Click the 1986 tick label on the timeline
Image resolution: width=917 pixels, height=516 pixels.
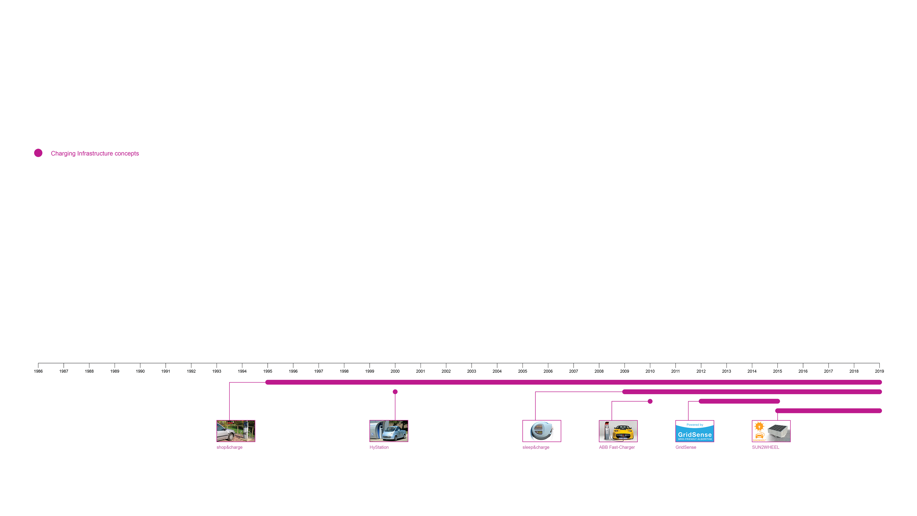pos(38,371)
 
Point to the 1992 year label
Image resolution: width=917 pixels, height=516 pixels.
pos(191,371)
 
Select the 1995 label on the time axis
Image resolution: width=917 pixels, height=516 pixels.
pos(268,371)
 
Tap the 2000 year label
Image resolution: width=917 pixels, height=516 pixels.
pos(395,371)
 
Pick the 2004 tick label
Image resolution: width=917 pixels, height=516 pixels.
pos(497,371)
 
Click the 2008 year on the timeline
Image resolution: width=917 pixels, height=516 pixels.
pos(599,371)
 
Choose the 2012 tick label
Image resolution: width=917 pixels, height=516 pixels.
pos(701,371)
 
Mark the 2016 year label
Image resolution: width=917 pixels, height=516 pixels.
pos(803,371)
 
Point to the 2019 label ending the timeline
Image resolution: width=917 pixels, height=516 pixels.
pos(879,371)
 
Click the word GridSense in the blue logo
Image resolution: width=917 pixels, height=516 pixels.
pos(695,435)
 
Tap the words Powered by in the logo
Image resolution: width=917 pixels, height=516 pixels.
pos(695,425)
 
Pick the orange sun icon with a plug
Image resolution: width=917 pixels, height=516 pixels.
pos(759,426)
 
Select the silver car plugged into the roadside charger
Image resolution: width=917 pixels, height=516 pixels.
pos(226,432)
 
